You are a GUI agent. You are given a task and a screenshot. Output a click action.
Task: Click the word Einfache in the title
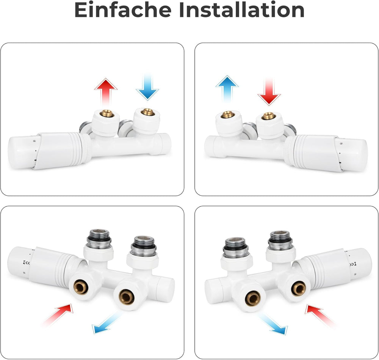[123, 10]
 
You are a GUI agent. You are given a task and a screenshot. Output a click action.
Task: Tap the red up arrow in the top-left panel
[106, 91]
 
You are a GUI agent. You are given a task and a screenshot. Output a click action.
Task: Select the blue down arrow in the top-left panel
[147, 87]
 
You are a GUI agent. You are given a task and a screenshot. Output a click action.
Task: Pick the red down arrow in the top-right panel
[269, 92]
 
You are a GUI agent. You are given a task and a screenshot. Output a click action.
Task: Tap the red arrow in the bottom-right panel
[321, 315]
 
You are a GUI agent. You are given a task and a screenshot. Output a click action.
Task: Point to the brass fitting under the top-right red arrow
[268, 116]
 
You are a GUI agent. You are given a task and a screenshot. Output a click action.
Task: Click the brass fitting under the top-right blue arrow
[227, 114]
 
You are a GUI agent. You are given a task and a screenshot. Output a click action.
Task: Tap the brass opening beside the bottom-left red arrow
[81, 287]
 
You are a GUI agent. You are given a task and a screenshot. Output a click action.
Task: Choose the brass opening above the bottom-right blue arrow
[253, 298]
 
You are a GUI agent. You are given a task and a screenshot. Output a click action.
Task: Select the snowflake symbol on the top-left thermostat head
[34, 141]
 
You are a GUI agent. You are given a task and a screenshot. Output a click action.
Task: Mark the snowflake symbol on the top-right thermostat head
[341, 143]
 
